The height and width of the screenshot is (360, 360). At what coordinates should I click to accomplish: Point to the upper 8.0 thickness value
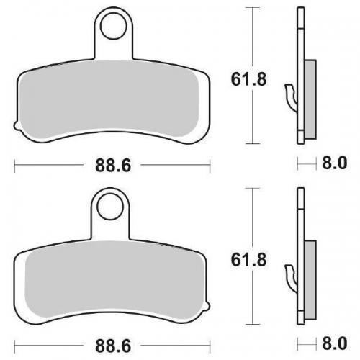(333, 165)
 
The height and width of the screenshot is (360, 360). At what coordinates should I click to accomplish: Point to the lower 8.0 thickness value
(333, 345)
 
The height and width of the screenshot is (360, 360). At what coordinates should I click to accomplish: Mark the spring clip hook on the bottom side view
(290, 276)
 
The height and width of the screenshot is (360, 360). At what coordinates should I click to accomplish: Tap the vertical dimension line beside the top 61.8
(251, 43)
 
